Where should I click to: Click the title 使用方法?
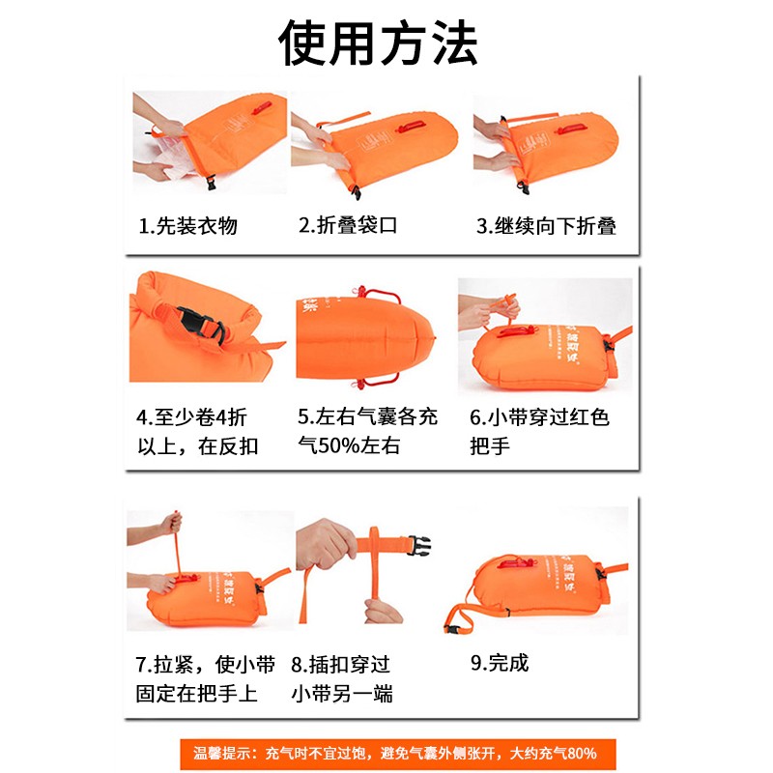click(x=379, y=42)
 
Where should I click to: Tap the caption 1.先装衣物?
click(x=188, y=227)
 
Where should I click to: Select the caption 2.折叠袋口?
click(x=348, y=226)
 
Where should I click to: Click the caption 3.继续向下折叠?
click(x=546, y=227)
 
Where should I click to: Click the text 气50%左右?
click(x=349, y=447)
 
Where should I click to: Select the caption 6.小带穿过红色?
click(x=539, y=417)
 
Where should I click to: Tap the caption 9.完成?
click(x=500, y=664)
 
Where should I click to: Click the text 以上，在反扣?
click(x=198, y=447)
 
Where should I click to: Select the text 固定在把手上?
click(x=197, y=694)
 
